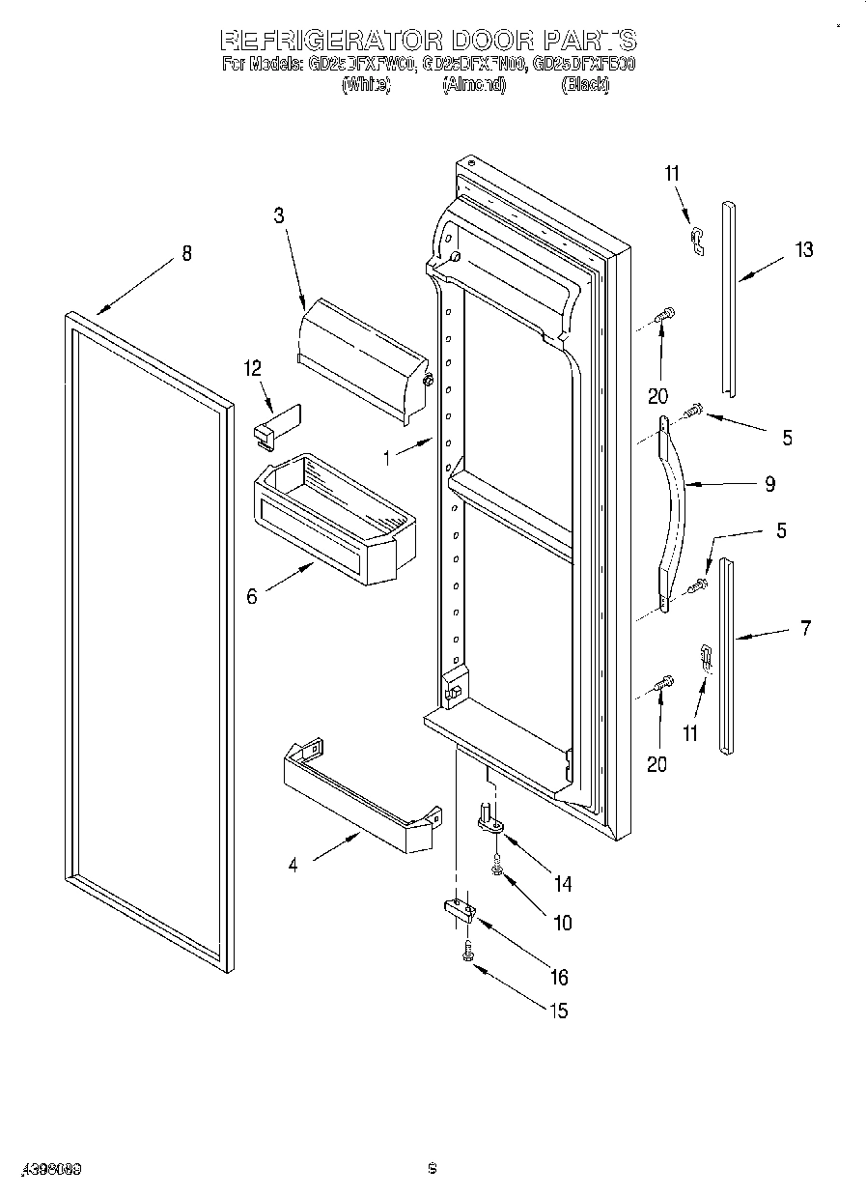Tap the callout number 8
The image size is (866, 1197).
tap(186, 253)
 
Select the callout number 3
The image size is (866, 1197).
tap(279, 215)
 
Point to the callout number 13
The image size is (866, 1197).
tap(803, 250)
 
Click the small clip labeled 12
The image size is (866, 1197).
tap(278, 423)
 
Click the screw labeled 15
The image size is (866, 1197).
tap(468, 951)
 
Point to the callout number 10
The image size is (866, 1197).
tap(561, 923)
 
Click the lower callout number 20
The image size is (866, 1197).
tap(656, 765)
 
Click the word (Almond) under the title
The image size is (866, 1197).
tap(473, 85)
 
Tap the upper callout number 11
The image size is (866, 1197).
tap(672, 174)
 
